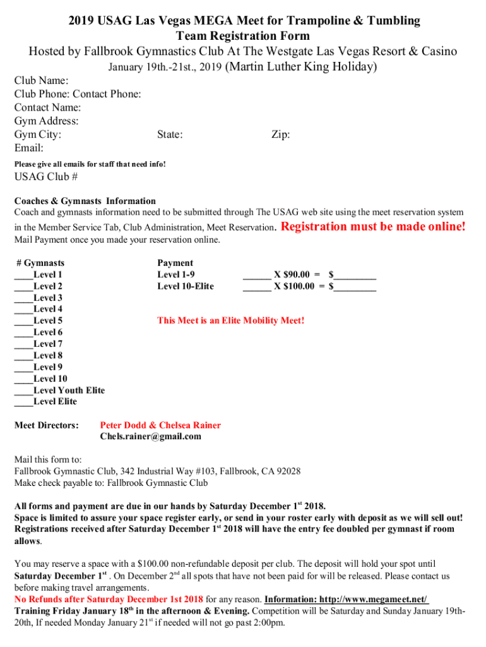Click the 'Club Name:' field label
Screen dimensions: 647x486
[42, 80]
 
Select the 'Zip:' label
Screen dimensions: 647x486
[280, 135]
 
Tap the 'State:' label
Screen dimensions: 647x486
[170, 135]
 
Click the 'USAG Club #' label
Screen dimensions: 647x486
[46, 177]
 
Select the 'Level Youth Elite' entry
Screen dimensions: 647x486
[69, 390]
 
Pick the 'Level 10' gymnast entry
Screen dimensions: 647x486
[50, 378]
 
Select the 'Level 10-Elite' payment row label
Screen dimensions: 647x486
[185, 286]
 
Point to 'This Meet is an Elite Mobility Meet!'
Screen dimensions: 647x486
[230, 320]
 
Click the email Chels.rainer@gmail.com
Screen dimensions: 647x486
[150, 436]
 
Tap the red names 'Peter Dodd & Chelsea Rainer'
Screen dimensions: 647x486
[160, 425]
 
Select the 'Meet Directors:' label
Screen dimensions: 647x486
[46, 425]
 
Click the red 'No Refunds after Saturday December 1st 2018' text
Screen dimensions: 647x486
[109, 599]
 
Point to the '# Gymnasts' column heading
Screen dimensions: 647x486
[40, 263]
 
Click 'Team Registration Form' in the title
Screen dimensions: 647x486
[243, 36]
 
